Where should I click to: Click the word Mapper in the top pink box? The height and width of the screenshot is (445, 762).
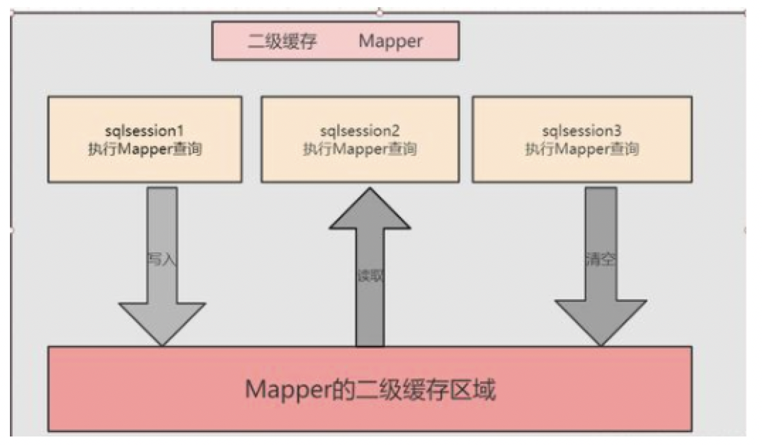[390, 41]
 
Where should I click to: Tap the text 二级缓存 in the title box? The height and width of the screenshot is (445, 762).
[282, 41]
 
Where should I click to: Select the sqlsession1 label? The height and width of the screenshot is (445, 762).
[144, 132]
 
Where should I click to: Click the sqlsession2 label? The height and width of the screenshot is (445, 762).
[360, 132]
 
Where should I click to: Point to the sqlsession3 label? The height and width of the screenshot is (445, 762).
[581, 132]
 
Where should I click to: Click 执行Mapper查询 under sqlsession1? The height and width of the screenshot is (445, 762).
[144, 150]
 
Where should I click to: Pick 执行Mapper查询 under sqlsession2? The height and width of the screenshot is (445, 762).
[360, 150]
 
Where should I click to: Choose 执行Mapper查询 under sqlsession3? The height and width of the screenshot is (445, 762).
[581, 150]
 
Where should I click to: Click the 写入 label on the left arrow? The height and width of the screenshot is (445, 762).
[161, 259]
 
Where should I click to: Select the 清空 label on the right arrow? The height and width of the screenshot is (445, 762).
[601, 259]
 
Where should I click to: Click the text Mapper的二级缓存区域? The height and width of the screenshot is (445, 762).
[370, 390]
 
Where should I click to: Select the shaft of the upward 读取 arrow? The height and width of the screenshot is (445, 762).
[370, 298]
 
